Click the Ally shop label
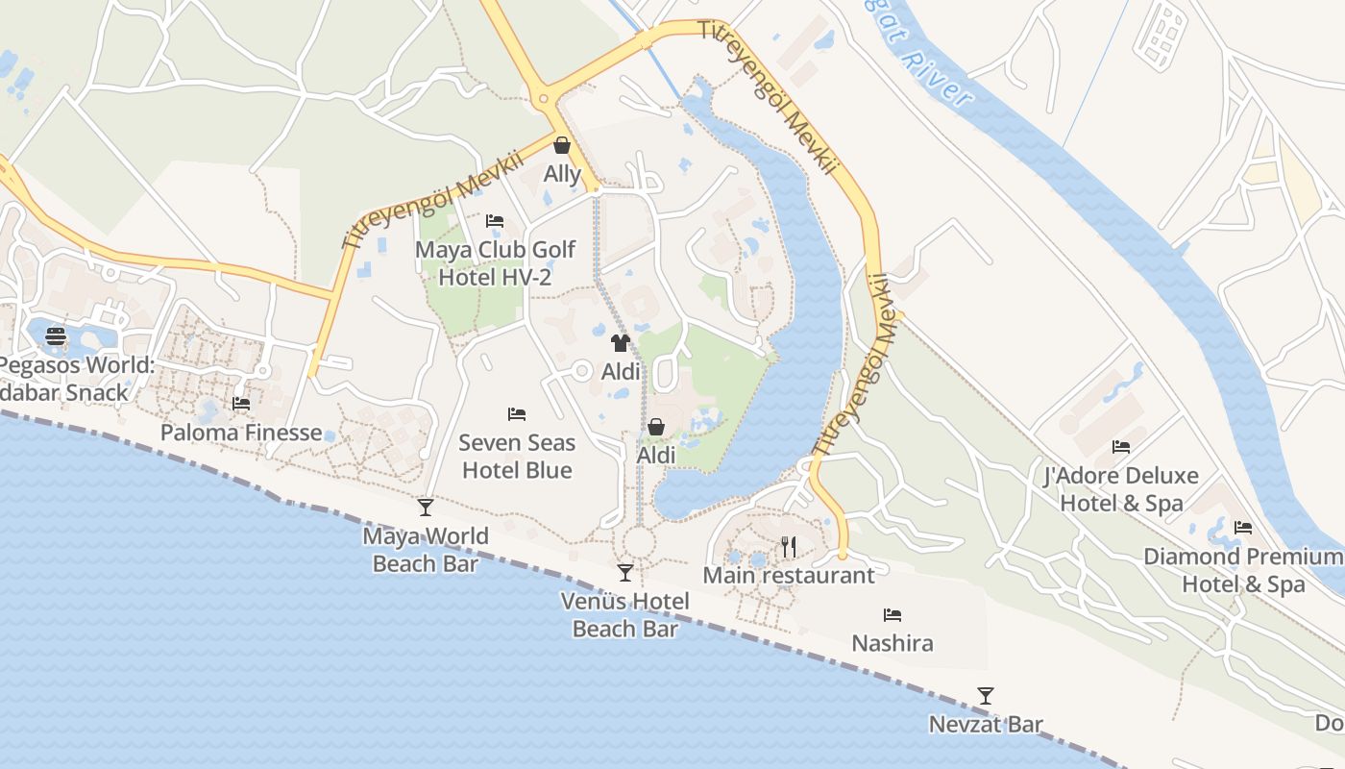tap(562, 174)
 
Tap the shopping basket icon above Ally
tap(562, 145)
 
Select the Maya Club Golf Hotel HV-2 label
tap(495, 263)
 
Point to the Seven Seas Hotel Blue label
tap(517, 457)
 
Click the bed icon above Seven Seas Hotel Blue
tap(517, 414)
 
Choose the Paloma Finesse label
tap(241, 433)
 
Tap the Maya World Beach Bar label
tap(426, 550)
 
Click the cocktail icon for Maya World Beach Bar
tap(426, 507)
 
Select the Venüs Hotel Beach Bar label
tap(625, 615)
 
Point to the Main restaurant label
tap(789, 576)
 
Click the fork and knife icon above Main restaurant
tap(789, 546)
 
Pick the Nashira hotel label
tap(893, 643)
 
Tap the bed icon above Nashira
tap(893, 614)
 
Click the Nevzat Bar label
tap(986, 725)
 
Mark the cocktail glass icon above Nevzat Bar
tap(986, 695)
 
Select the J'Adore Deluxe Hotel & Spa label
tap(1120, 489)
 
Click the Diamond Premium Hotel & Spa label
tap(1243, 570)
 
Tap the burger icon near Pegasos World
tap(56, 335)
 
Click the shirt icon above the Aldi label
tap(620, 343)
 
